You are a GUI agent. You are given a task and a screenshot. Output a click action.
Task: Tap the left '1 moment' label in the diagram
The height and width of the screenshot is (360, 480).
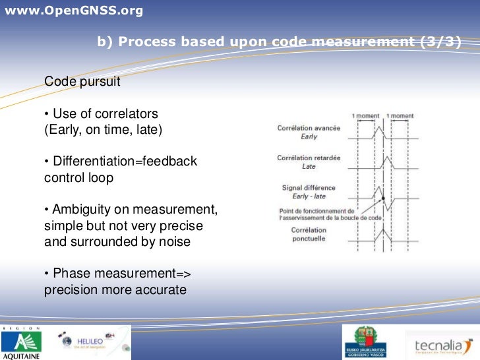366,116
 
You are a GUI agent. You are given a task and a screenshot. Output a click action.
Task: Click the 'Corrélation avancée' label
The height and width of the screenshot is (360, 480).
309,128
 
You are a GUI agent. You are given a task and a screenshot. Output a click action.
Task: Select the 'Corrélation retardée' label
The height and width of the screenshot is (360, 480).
309,158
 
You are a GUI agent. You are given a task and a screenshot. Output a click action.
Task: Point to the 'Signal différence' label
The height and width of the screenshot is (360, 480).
309,188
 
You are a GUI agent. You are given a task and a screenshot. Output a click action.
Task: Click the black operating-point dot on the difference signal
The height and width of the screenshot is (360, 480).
382,198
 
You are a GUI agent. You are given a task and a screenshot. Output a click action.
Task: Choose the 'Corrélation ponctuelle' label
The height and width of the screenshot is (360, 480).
309,234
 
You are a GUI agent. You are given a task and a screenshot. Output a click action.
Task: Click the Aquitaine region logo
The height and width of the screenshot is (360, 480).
21,343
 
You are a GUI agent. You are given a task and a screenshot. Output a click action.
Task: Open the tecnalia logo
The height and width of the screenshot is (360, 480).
442,345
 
